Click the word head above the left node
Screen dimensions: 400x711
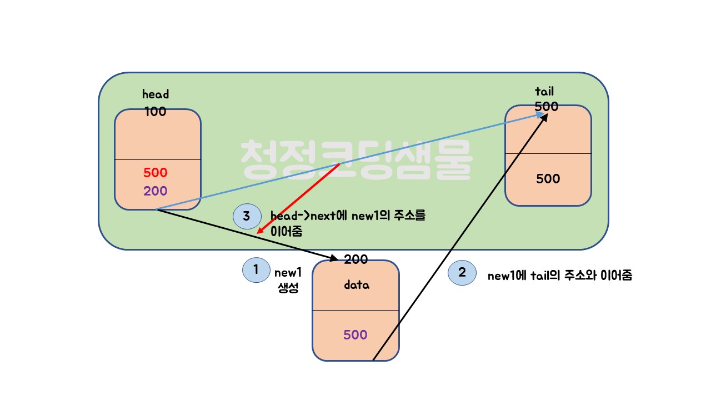click(156, 94)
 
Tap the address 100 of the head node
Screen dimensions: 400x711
click(156, 112)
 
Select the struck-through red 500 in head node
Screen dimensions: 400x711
click(156, 172)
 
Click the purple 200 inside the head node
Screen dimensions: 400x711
click(156, 191)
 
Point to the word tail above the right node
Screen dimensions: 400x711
click(544, 92)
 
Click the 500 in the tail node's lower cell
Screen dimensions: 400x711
click(548, 179)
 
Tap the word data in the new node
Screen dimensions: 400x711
click(356, 286)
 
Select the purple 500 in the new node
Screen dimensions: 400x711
click(355, 335)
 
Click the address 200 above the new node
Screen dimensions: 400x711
click(355, 259)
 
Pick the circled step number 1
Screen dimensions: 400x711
click(256, 270)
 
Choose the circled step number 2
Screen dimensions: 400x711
click(462, 273)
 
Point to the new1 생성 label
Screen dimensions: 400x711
click(288, 280)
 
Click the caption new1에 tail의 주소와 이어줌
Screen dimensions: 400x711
click(559, 276)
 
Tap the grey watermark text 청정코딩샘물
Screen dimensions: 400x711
click(356, 159)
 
